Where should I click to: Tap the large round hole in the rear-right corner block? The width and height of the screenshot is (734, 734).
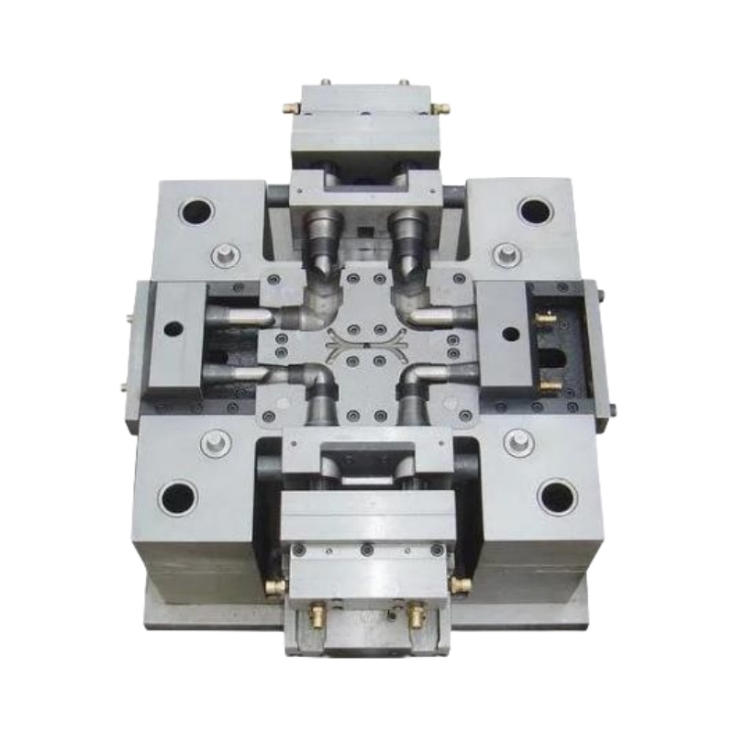click(x=534, y=211)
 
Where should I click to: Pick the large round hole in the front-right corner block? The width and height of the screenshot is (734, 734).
click(x=556, y=497)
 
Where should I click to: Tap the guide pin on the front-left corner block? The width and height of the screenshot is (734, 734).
click(x=215, y=444)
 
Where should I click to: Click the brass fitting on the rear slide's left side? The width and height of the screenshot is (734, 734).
click(x=288, y=108)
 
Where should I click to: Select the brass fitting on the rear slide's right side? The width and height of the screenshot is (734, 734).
click(x=442, y=108)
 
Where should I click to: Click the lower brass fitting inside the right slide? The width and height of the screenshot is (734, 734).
click(x=550, y=387)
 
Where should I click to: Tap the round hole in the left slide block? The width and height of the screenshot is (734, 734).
click(x=172, y=328)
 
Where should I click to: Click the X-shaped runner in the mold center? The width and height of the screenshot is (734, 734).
click(x=366, y=350)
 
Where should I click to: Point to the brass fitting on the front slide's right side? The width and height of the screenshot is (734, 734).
click(x=460, y=584)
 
